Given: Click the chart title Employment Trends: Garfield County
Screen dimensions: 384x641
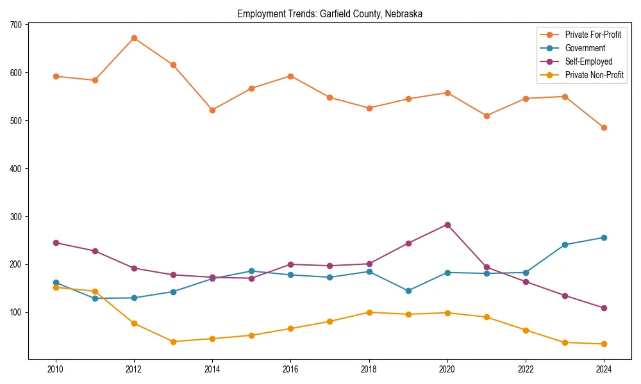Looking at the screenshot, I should (x=329, y=13).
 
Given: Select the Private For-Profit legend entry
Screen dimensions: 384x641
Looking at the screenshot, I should (x=593, y=35).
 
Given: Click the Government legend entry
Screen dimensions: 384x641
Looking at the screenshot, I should (x=585, y=48).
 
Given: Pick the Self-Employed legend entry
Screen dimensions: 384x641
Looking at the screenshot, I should (x=588, y=61).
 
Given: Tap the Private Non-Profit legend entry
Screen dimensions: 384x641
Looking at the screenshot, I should (x=594, y=75).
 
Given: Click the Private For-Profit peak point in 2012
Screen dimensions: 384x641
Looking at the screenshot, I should (x=134, y=38).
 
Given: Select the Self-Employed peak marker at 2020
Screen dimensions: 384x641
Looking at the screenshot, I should (x=447, y=225).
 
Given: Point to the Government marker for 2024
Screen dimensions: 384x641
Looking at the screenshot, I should (x=604, y=237).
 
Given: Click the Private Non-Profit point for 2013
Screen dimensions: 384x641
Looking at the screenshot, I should (x=173, y=341).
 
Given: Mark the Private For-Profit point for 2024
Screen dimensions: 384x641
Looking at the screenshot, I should (x=604, y=127).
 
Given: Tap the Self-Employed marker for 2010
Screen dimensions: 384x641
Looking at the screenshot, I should (x=56, y=243).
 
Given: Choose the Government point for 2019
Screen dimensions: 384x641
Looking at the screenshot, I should (x=408, y=291).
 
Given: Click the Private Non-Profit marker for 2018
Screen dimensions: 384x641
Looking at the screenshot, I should (x=369, y=312).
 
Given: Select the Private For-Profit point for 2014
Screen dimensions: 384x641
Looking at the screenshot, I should (x=212, y=110).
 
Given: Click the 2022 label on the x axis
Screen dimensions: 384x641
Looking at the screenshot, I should (x=526, y=369).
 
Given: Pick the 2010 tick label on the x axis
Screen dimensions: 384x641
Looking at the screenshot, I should (x=56, y=369).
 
